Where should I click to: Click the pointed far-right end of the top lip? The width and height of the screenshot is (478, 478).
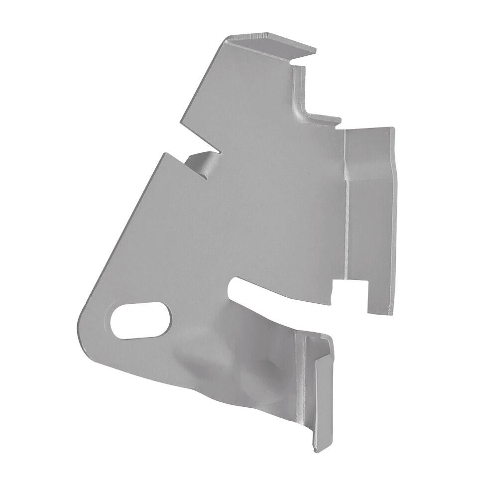[x=315, y=50]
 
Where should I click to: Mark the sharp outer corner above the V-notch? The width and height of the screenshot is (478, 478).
[x=180, y=121]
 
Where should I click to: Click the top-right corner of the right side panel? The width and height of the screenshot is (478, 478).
[x=393, y=128]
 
